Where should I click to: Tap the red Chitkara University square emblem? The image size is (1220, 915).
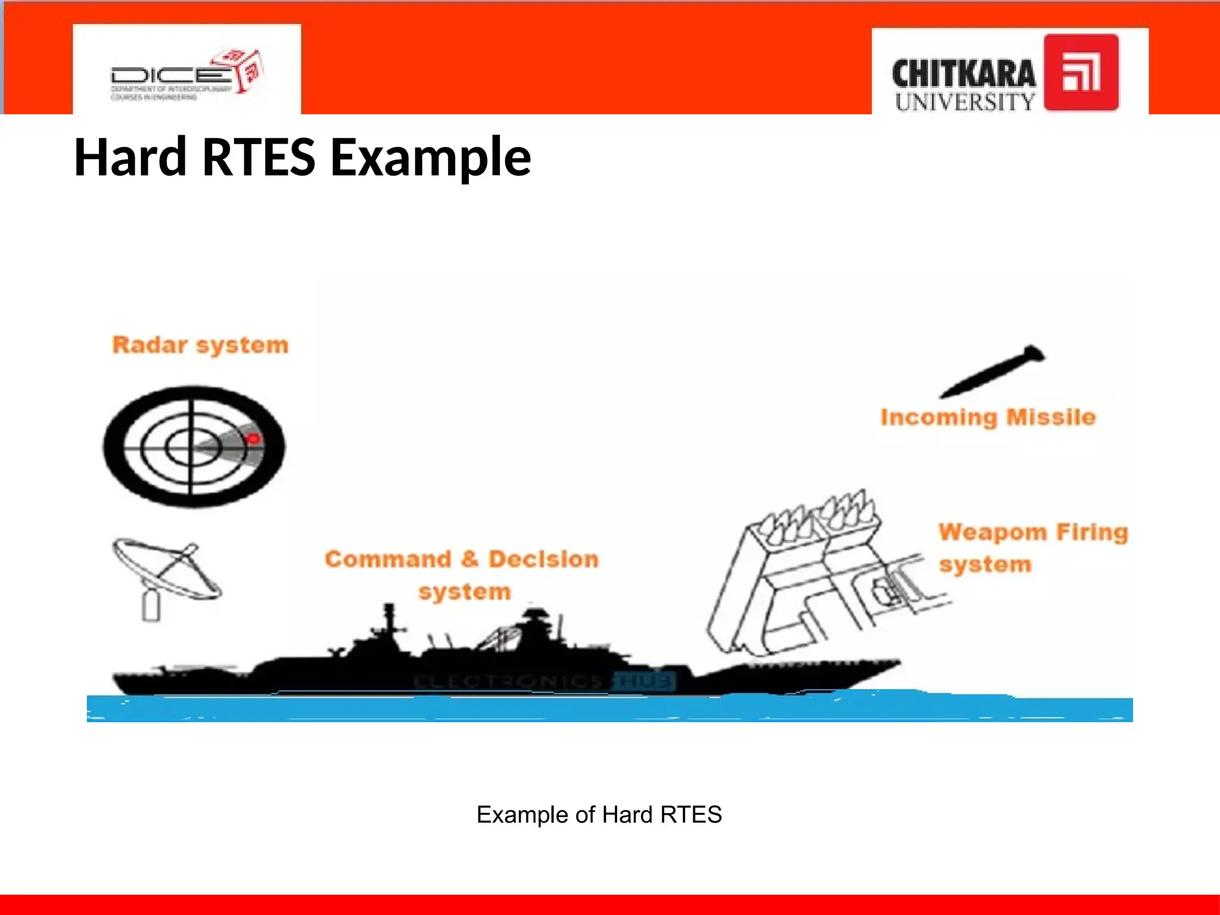(1081, 73)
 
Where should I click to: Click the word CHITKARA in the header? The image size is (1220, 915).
(963, 74)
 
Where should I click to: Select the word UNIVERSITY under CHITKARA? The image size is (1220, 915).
(964, 102)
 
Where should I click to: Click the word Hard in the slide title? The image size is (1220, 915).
(130, 157)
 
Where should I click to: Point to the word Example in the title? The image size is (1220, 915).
(430, 157)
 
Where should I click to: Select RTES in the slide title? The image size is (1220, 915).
(259, 157)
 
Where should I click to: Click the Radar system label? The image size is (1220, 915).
(200, 345)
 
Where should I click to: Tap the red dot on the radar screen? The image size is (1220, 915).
(254, 439)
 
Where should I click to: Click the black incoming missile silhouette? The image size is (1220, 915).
(994, 371)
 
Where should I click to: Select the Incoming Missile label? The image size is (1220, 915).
(988, 418)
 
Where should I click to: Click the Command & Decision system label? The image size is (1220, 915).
(462, 575)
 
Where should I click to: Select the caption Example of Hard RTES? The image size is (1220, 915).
(599, 814)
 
